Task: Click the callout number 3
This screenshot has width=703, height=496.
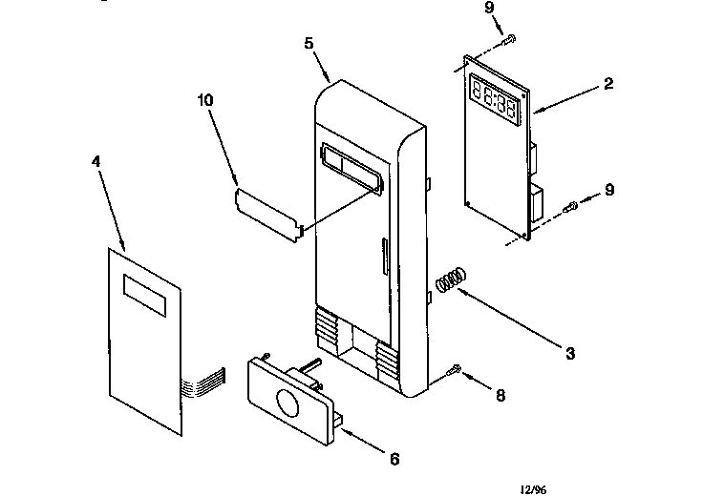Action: tap(569, 354)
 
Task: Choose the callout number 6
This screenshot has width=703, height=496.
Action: tap(394, 459)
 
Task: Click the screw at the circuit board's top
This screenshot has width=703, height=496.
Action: tap(512, 37)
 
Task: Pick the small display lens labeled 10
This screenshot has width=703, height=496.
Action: tap(268, 210)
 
